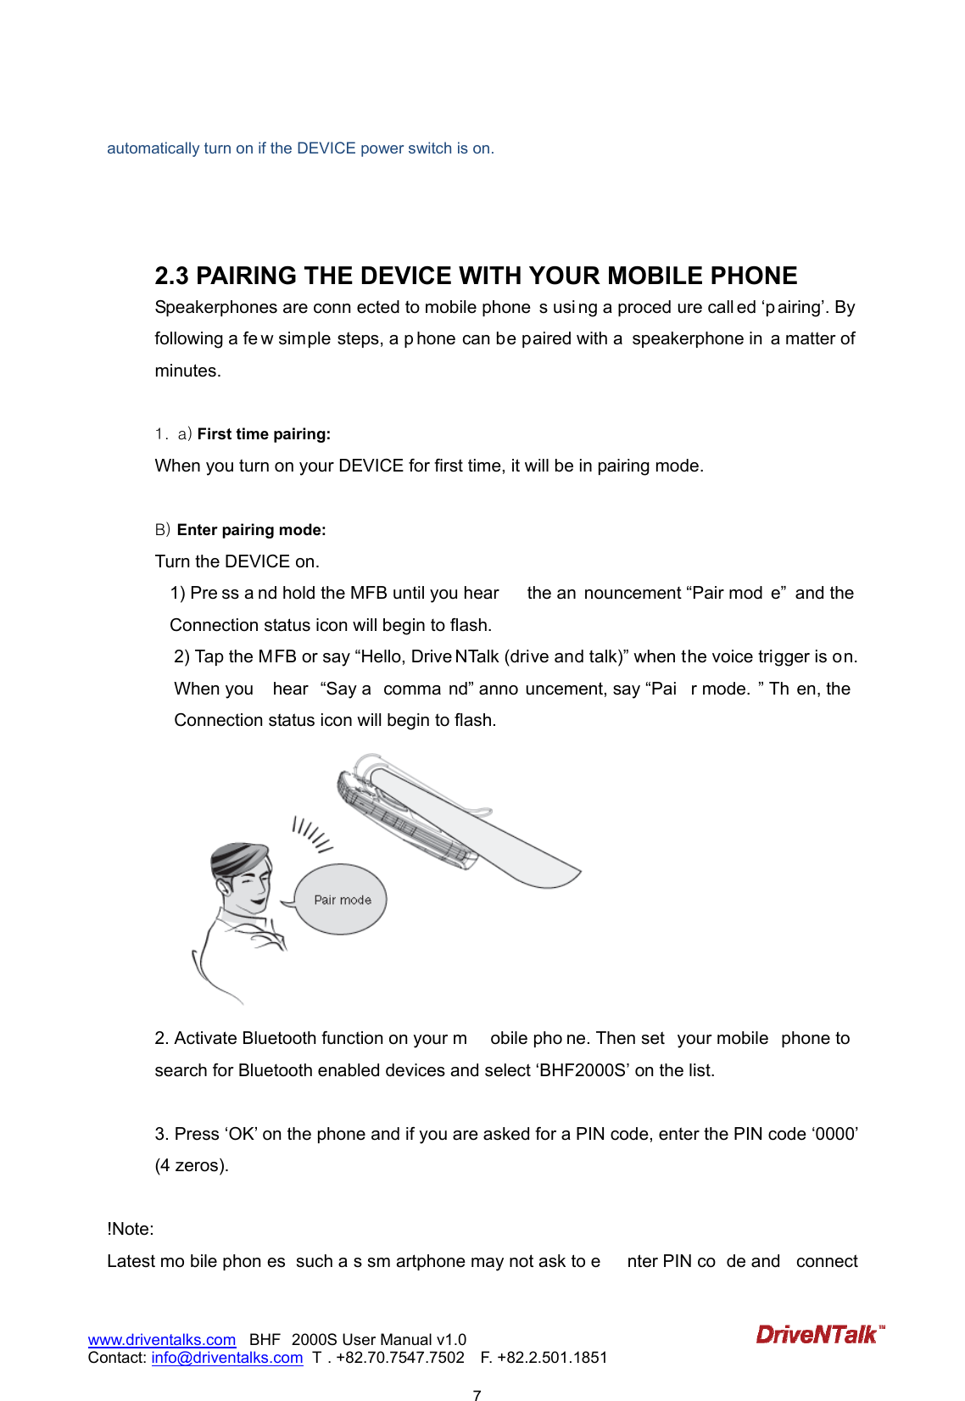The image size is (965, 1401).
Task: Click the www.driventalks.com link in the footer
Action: pos(161,1340)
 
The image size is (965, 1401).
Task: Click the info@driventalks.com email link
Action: pos(226,1358)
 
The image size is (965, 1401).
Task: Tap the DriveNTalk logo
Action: pos(819,1335)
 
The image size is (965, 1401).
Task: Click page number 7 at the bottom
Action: pos(477,1394)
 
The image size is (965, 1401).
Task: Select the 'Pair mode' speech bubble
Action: pos(342,900)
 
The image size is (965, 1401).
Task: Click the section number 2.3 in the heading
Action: pos(171,276)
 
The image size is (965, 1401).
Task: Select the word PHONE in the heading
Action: pos(753,276)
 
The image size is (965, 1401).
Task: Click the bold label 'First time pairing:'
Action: pos(264,434)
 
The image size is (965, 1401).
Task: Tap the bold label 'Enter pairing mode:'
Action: pos(251,530)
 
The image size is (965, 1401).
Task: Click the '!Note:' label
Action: pos(131,1230)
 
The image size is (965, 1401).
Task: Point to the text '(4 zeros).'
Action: pos(192,1166)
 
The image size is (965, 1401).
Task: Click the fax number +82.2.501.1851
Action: pos(552,1358)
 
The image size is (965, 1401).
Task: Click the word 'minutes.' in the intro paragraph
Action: pos(187,371)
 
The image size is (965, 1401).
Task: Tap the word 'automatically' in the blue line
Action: pos(153,148)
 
